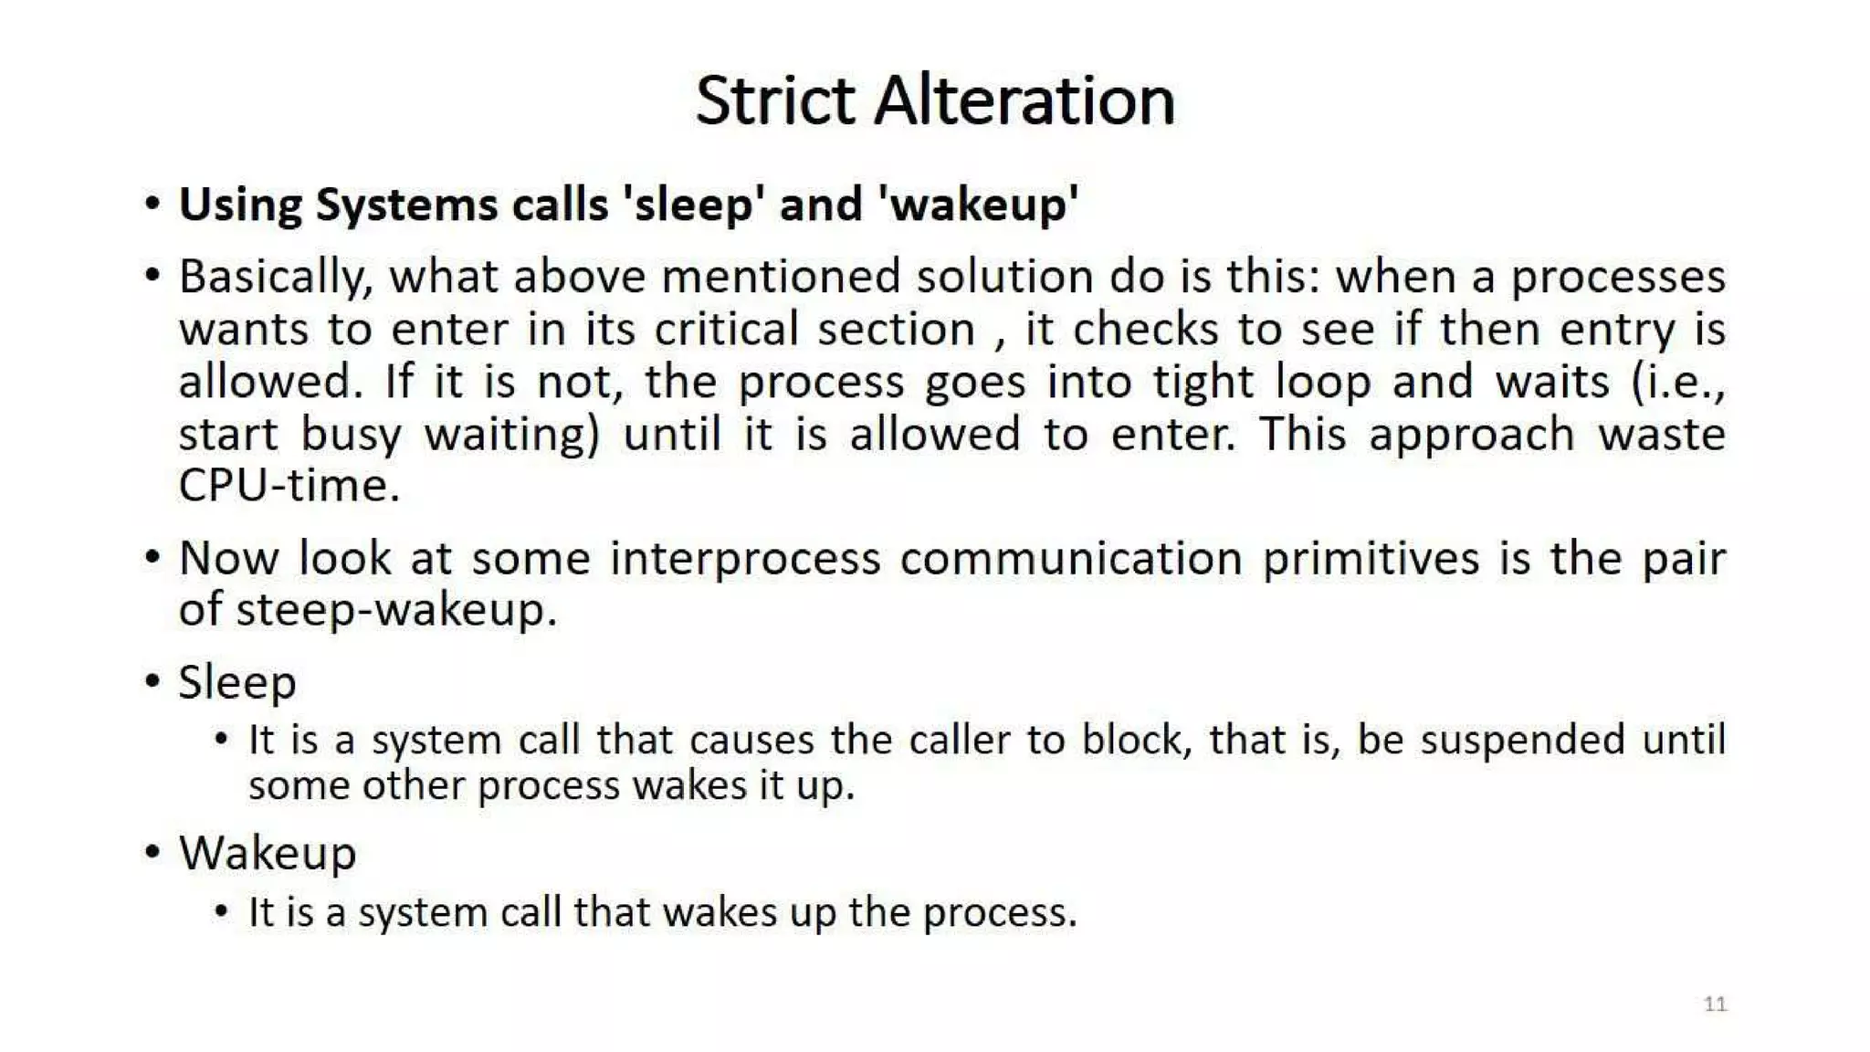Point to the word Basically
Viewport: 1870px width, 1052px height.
pos(274,277)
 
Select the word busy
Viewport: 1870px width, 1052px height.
pos(351,435)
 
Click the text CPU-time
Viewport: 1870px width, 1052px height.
pos(289,486)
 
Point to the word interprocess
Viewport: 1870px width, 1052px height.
pos(745,558)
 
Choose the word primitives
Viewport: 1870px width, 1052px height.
pos(1370,558)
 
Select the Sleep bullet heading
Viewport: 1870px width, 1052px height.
pos(237,682)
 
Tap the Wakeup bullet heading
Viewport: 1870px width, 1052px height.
pos(268,854)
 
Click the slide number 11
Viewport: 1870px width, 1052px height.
pos(1715,1005)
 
